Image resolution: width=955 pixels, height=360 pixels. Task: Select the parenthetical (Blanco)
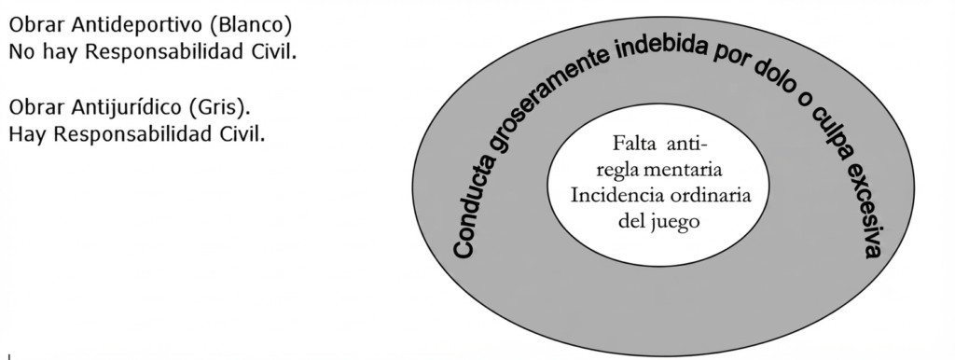coord(255,25)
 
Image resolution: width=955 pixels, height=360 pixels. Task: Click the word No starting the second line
coord(21,52)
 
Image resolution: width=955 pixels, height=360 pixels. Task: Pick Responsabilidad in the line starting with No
coord(165,52)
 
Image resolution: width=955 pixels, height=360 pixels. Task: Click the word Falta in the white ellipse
coord(634,144)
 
